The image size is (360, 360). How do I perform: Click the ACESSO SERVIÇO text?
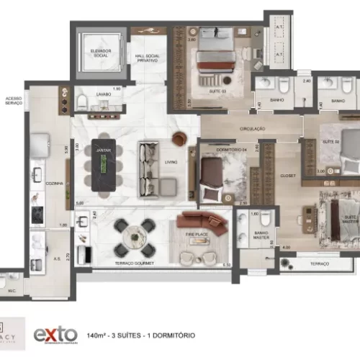(12, 100)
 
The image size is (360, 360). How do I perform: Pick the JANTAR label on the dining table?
(102, 149)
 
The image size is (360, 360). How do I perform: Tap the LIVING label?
(171, 163)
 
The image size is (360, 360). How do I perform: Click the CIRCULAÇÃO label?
(252, 129)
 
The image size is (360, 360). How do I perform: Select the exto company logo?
(55, 333)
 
